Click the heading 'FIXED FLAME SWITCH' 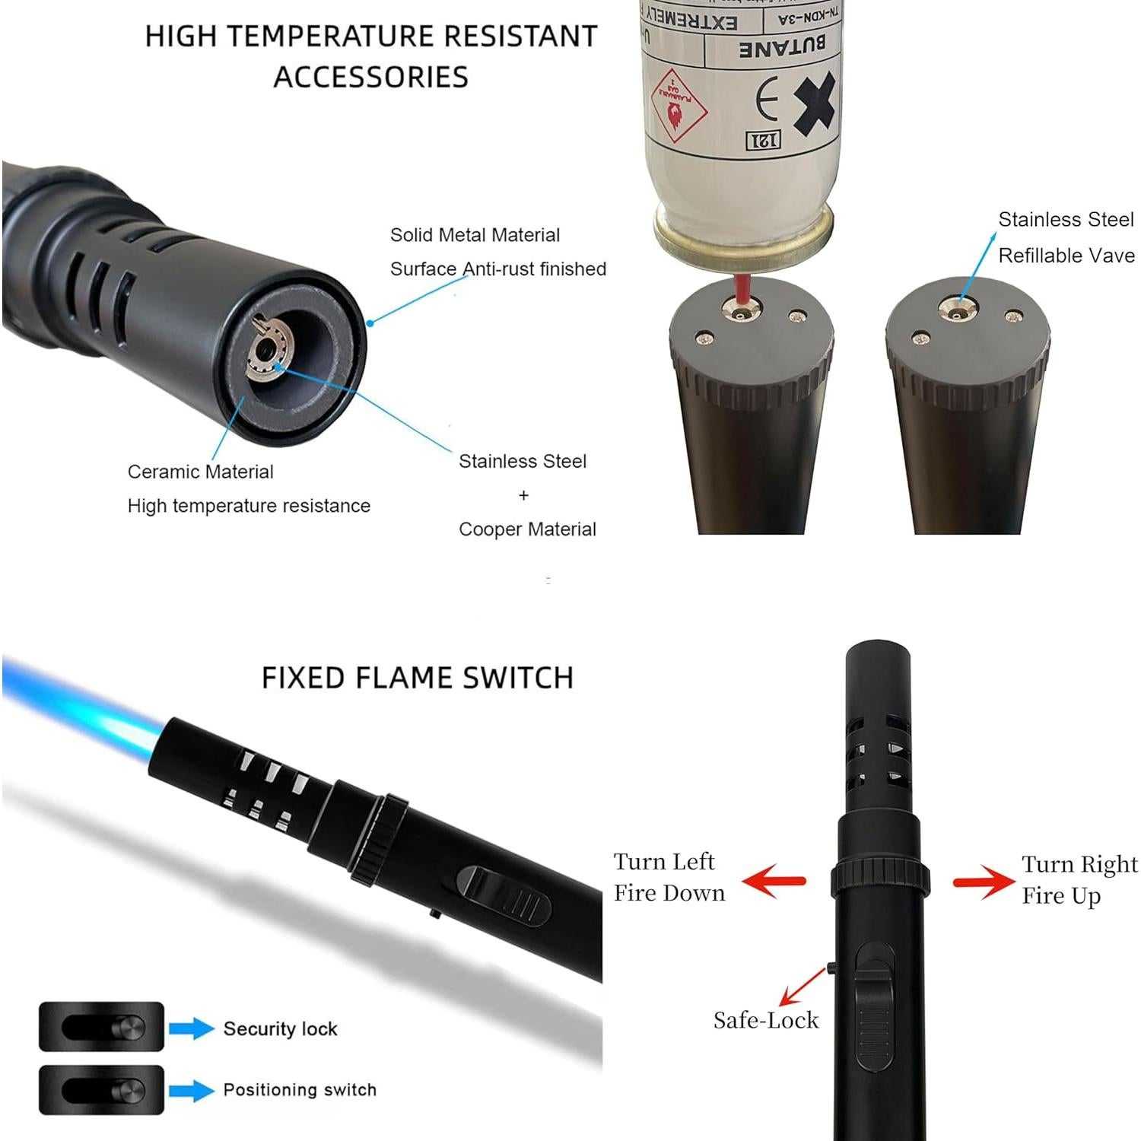click(417, 678)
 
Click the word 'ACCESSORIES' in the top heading click(370, 77)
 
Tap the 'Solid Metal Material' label click(475, 235)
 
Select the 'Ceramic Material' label click(200, 472)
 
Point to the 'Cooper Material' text click(527, 529)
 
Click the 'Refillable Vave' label click(1066, 256)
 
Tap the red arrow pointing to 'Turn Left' click(773, 881)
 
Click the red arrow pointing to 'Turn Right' click(984, 882)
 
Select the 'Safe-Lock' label click(765, 1020)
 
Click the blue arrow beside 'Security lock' click(192, 1028)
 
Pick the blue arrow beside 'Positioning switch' click(192, 1090)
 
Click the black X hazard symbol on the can click(815, 103)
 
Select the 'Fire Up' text click(1061, 896)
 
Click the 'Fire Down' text click(669, 893)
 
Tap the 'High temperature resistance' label click(249, 506)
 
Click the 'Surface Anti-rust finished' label click(497, 269)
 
